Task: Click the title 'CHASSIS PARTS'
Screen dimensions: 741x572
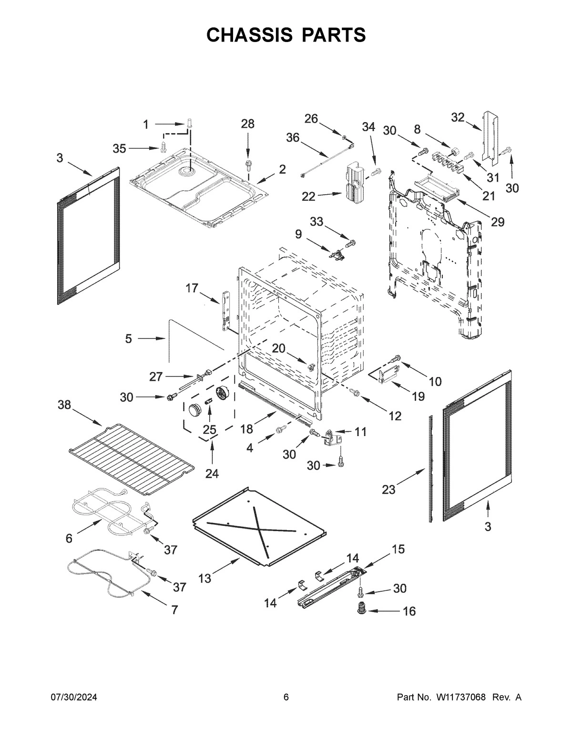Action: click(286, 35)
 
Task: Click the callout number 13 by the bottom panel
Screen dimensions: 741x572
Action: click(204, 578)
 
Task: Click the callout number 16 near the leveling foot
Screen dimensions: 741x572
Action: click(409, 611)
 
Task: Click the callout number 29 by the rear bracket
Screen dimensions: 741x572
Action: click(498, 222)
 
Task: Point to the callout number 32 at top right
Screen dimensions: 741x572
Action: click(458, 117)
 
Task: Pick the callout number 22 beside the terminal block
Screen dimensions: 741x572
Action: click(309, 196)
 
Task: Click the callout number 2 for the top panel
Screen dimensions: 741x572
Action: click(282, 169)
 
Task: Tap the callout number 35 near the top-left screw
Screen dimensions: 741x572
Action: click(119, 148)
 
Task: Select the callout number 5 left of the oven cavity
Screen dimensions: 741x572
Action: click(128, 338)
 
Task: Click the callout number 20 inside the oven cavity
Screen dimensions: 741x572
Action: click(278, 348)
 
